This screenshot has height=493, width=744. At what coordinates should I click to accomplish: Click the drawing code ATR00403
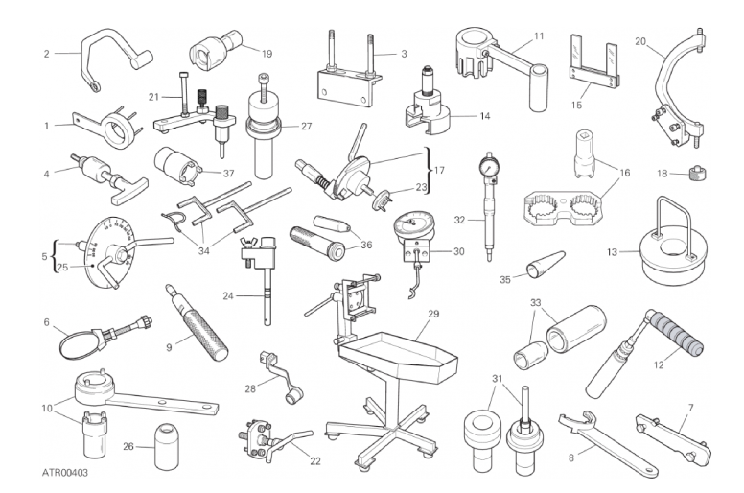[x=65, y=473]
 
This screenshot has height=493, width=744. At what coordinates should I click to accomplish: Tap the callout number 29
[x=433, y=314]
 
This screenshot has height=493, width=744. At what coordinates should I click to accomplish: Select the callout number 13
[x=612, y=252]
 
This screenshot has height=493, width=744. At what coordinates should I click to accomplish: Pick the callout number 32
[x=459, y=221]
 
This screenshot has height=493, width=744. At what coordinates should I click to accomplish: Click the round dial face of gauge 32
[x=489, y=167]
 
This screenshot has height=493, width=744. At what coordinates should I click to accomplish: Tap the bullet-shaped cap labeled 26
[x=168, y=446]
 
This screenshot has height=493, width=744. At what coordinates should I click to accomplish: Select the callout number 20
[x=640, y=42]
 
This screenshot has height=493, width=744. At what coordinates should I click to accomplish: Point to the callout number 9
[x=169, y=348]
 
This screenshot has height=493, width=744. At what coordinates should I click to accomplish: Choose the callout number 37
[x=229, y=174]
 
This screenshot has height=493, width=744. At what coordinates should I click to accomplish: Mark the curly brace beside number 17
[x=428, y=170]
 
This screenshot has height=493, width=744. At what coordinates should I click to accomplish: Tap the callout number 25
[x=62, y=268]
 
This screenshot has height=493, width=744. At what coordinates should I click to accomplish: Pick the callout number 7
[x=691, y=407]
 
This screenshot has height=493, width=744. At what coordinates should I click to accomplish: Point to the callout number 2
[x=46, y=54]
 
